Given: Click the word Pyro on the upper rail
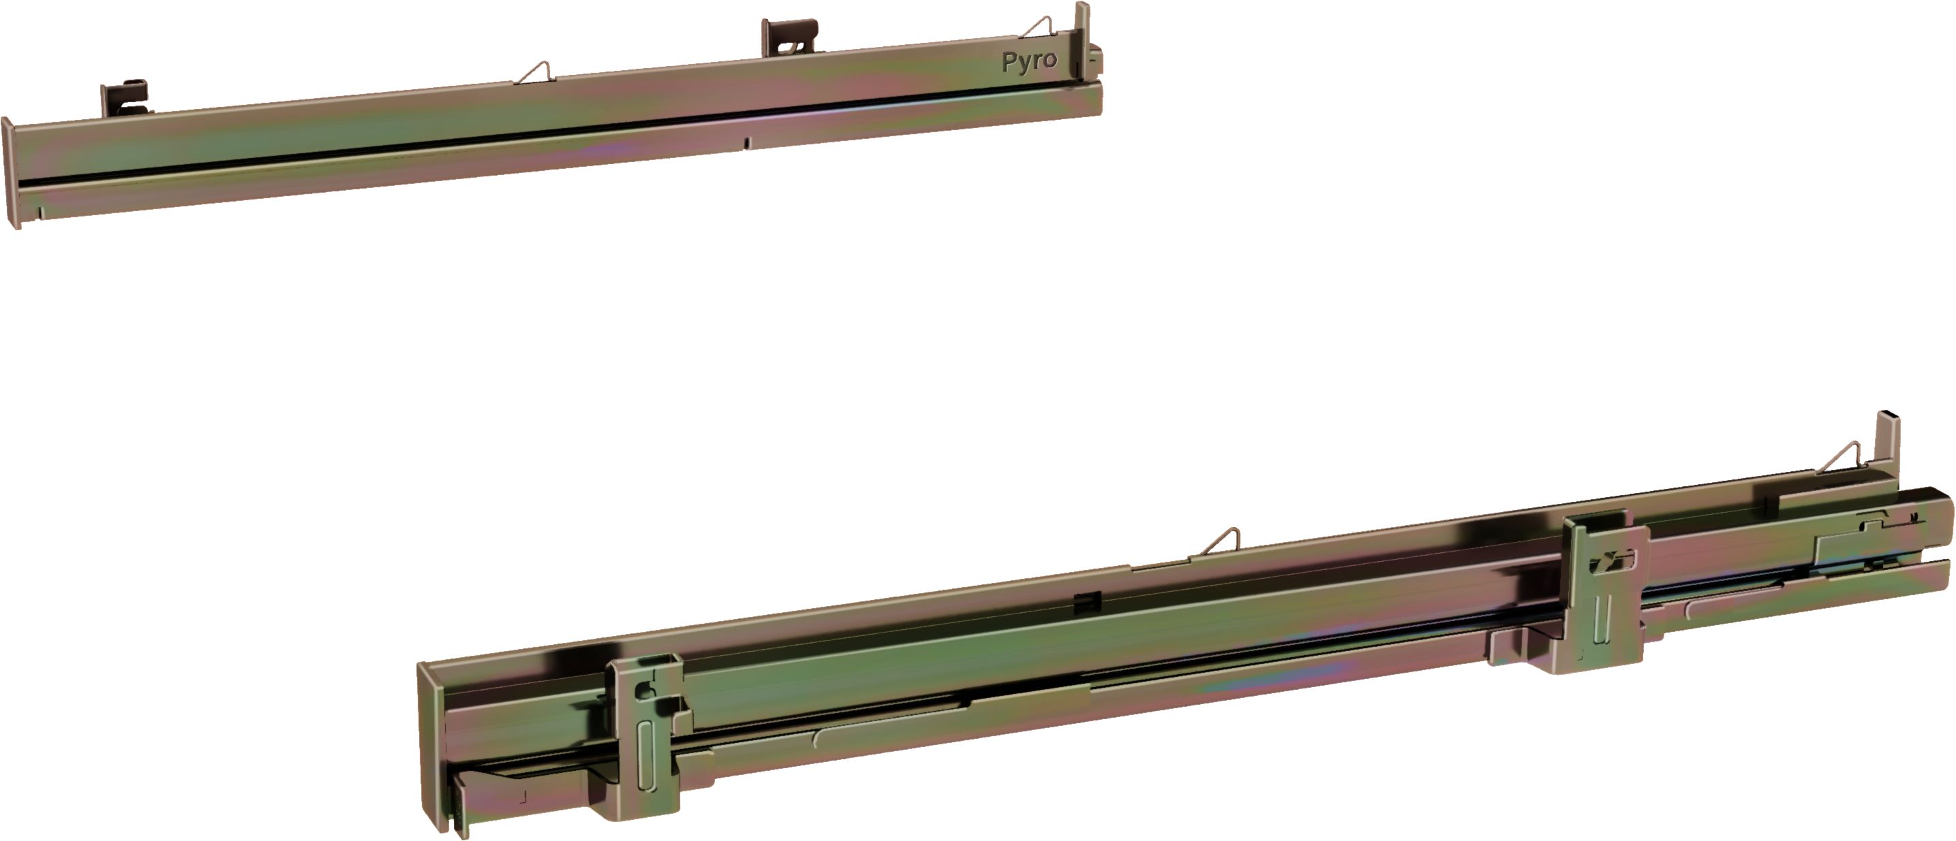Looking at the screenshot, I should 1030,61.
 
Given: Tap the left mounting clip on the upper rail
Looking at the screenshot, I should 125,97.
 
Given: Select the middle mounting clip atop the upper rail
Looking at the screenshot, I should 790,37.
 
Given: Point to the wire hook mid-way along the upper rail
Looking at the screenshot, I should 535,73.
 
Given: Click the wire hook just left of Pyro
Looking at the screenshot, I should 1037,28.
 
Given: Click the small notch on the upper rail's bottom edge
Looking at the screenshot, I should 746,142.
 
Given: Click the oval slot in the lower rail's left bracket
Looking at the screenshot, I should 646,756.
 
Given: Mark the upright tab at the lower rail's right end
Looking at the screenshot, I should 1888,440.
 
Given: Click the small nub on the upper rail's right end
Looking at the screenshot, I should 1096,61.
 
